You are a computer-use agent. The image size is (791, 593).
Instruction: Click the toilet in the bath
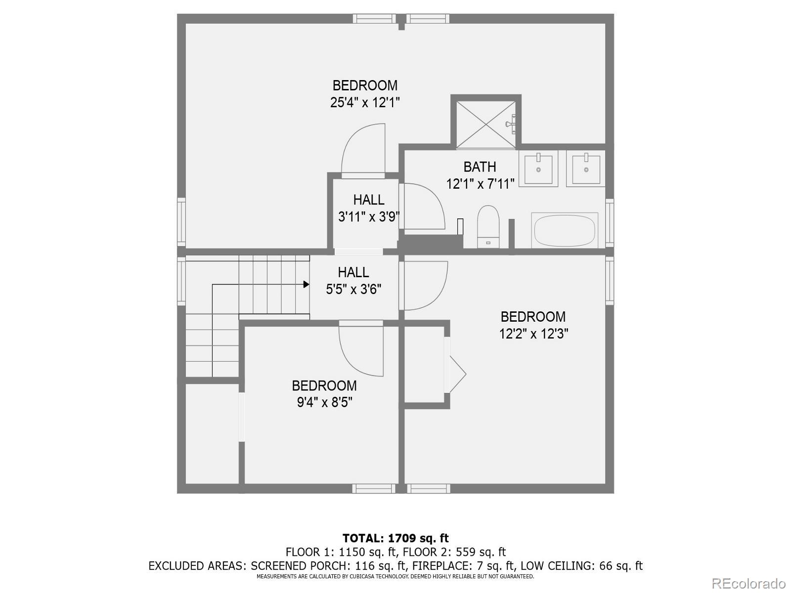[488, 227]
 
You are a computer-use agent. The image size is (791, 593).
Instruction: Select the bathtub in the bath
[565, 230]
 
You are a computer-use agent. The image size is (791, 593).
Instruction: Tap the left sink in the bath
[538, 169]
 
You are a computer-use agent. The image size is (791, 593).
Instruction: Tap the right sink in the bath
[586, 169]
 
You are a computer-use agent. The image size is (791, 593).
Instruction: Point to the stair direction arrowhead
[307, 285]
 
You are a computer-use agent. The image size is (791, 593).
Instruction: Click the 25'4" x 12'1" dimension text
[365, 103]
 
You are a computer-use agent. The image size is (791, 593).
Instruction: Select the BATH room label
[480, 167]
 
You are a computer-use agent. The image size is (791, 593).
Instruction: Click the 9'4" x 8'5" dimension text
[324, 402]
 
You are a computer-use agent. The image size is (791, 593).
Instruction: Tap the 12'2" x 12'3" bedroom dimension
[533, 334]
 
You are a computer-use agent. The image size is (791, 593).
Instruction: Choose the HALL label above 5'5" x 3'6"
[353, 272]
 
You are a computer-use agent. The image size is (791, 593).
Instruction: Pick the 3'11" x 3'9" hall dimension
[369, 217]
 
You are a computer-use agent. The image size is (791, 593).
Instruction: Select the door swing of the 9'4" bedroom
[361, 351]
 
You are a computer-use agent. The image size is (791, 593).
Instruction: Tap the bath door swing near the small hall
[423, 207]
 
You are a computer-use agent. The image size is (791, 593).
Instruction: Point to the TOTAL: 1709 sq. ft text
[395, 538]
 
